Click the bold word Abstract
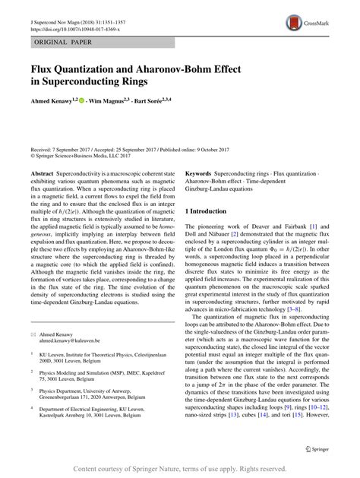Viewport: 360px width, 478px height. (42, 173)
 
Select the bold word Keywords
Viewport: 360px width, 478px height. (201, 173)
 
